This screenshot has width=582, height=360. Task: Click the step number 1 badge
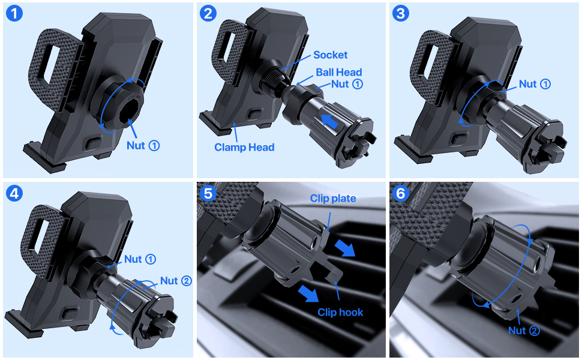[14, 13]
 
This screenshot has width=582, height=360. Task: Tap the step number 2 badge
[208, 13]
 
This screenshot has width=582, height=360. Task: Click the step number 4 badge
[14, 193]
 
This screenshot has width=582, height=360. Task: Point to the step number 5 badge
[208, 193]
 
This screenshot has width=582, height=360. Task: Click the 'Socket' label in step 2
[330, 55]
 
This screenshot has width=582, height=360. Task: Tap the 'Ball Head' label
[339, 72]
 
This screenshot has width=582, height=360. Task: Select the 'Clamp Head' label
[245, 147]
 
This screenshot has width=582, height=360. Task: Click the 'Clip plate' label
[333, 199]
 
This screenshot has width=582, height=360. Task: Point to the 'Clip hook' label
[341, 312]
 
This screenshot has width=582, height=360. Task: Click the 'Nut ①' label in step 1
[143, 145]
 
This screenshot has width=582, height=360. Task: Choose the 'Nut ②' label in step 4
[175, 281]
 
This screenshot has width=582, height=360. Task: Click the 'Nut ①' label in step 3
[535, 84]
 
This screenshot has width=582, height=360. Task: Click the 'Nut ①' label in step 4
[140, 259]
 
